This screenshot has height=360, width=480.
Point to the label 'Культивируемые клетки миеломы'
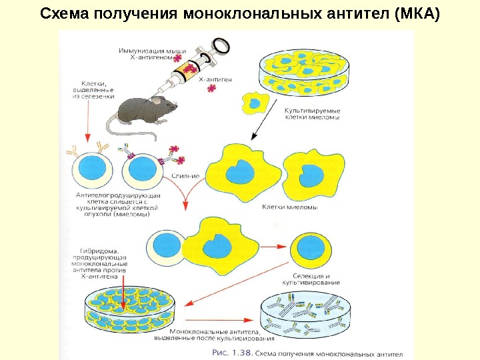(312, 113)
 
